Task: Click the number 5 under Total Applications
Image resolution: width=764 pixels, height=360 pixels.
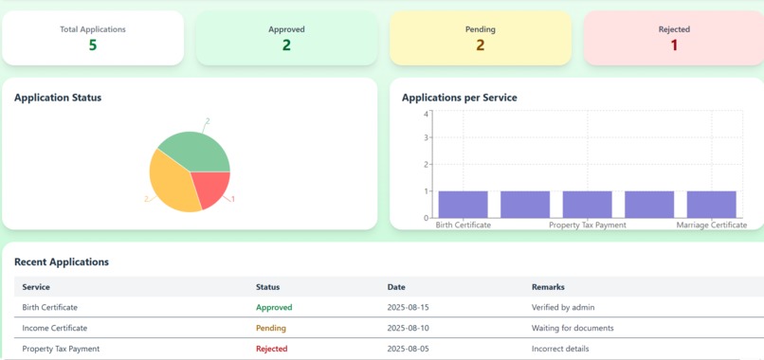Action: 93,45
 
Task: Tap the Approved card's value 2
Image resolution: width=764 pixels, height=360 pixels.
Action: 286,45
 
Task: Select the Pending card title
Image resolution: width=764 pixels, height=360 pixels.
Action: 480,29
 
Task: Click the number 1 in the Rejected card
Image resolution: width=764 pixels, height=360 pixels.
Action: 674,45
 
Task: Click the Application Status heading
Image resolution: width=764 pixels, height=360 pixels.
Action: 58,98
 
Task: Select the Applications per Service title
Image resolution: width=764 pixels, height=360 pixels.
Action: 459,98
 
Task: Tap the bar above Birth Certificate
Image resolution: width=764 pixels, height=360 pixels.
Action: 463,205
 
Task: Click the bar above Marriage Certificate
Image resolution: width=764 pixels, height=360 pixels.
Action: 711,205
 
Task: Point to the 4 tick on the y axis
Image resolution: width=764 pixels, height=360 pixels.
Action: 427,114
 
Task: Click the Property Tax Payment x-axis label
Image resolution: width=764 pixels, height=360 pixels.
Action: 588,225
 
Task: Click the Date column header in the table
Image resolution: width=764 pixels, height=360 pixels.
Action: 396,286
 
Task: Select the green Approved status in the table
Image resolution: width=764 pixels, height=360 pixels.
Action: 274,308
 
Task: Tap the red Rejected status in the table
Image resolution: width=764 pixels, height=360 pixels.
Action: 271,349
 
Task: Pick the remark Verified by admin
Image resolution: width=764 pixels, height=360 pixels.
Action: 563,308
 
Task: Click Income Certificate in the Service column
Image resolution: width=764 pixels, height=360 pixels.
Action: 55,328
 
